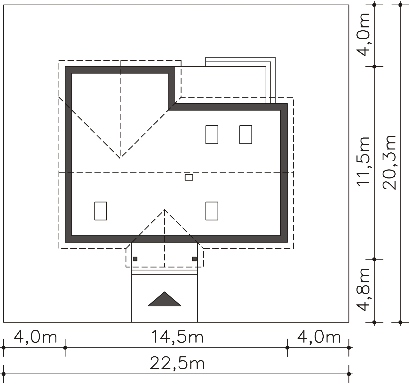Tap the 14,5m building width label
[x=177, y=337]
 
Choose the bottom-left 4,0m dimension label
[x=35, y=337]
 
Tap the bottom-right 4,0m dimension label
[x=319, y=337]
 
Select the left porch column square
[x=135, y=259]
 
